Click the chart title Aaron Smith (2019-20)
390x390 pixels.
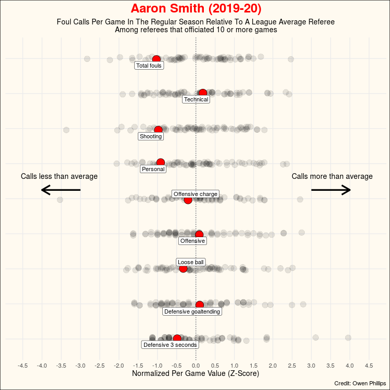click(x=196, y=9)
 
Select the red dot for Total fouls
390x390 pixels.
click(x=156, y=59)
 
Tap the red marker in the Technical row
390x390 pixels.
click(x=203, y=93)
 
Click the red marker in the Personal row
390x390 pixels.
click(x=160, y=163)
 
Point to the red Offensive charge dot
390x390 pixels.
click(x=188, y=200)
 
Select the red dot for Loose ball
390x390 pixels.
click(x=183, y=268)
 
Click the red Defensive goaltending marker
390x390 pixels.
click(x=200, y=305)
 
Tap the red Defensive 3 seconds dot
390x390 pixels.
click(x=177, y=339)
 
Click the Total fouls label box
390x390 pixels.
click(x=149, y=66)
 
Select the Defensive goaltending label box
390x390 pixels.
click(x=192, y=311)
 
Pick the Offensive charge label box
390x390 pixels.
click(x=196, y=194)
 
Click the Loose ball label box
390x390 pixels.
click(x=191, y=262)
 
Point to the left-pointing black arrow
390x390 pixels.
click(x=61, y=190)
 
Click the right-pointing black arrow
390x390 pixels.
click(x=331, y=190)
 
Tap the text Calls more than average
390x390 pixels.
click(x=332, y=176)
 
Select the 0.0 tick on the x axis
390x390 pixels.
click(x=196, y=366)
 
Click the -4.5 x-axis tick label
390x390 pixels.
click(x=23, y=366)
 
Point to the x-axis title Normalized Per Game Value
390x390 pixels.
click(x=196, y=373)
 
